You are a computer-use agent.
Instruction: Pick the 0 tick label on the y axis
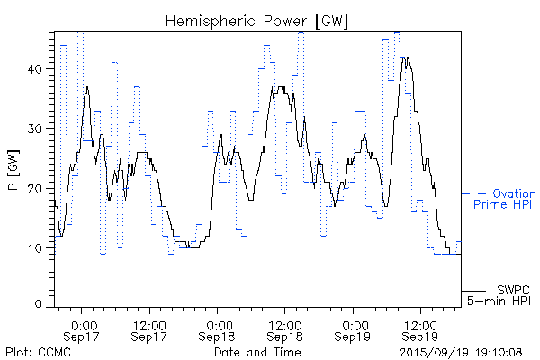tap(40, 304)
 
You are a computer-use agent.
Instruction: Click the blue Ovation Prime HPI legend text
tap(504, 199)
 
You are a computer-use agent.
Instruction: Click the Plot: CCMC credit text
tap(37, 351)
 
